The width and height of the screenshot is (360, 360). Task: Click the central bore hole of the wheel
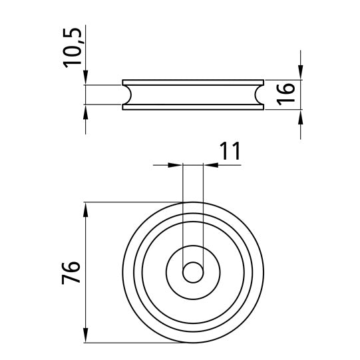[x=194, y=272]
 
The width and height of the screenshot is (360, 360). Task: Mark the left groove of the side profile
[x=127, y=95]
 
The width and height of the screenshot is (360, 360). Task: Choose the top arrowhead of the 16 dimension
[x=301, y=75]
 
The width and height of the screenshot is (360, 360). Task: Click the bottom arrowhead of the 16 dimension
[x=301, y=115]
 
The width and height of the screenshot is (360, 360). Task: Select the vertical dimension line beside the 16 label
[x=301, y=95]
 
